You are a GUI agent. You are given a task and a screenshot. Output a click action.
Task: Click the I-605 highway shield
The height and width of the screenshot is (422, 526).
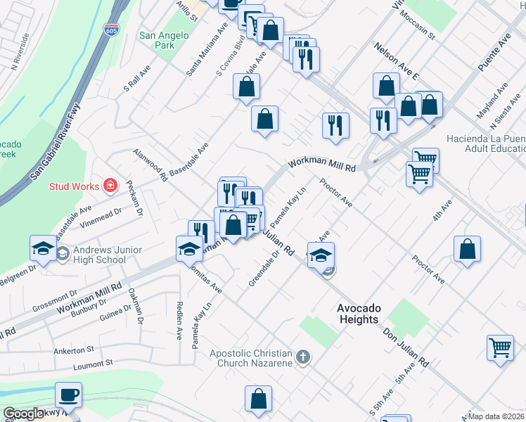tap(123, 30)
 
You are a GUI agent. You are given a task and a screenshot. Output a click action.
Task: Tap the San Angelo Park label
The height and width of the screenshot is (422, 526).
tap(164, 40)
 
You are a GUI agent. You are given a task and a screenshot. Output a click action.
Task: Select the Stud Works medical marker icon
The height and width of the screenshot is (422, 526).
tap(110, 186)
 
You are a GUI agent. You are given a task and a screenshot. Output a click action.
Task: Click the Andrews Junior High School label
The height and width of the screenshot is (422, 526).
tap(98, 255)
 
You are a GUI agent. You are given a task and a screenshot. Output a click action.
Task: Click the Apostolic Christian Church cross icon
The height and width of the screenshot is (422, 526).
tap(303, 357)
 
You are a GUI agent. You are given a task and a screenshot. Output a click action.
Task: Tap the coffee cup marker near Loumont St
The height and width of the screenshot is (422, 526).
tap(69, 395)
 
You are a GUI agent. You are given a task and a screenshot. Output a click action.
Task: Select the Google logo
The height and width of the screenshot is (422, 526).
tap(24, 414)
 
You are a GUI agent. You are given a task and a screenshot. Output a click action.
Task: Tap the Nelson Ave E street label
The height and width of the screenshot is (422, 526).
tap(397, 60)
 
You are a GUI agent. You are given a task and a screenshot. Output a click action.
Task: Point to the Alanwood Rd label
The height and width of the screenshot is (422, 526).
tap(150, 165)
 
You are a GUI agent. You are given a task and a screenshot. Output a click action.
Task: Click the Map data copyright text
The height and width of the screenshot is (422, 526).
tap(496, 416)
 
